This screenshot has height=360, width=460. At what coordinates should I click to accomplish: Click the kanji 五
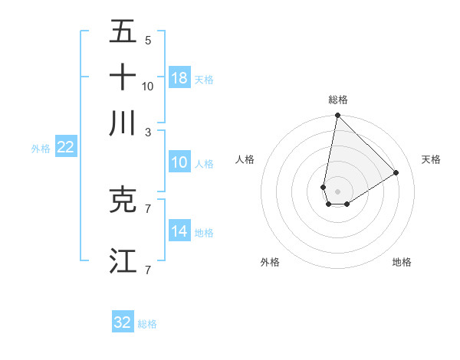point(123,32)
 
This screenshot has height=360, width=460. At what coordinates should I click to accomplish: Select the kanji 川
point(123,123)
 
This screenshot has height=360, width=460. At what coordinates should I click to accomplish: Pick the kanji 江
point(123,260)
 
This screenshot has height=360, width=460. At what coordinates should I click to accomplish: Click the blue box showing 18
point(179,78)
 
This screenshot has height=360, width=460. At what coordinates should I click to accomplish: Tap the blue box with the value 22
point(65,148)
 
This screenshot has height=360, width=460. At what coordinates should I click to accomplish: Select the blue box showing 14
point(179,232)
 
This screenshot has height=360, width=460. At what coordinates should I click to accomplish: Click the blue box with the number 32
point(123,322)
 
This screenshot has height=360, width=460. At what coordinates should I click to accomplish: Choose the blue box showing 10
point(179,163)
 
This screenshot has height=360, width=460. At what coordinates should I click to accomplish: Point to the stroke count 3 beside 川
point(148,132)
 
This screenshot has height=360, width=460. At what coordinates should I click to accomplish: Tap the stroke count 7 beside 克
point(148,208)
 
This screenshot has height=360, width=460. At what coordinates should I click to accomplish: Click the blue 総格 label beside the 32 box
point(147,324)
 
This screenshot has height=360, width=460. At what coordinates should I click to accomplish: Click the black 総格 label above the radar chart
point(337,100)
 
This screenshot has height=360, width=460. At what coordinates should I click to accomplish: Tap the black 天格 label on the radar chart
point(431,159)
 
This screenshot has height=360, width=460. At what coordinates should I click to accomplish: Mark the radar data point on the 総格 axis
point(337,116)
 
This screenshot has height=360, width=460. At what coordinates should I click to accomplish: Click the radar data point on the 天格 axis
point(396,172)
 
